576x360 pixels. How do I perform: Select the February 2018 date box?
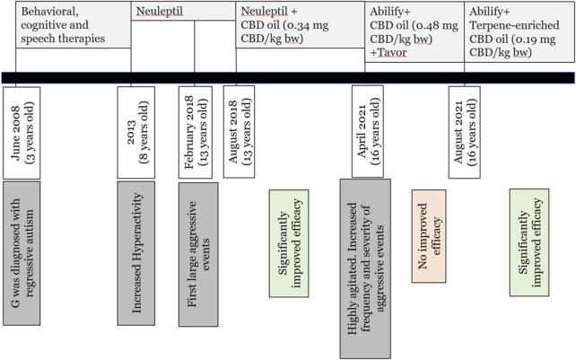(x=196, y=131)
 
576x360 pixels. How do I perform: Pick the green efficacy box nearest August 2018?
(x=289, y=229)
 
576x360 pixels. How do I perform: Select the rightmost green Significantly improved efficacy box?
(x=529, y=242)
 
